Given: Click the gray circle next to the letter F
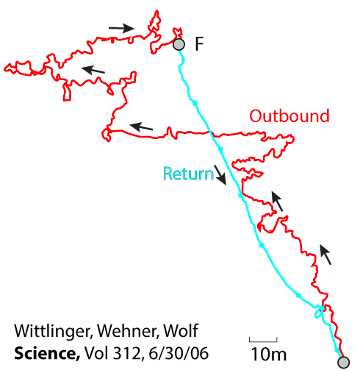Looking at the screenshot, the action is [179, 45].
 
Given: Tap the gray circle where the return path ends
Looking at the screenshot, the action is [343, 362].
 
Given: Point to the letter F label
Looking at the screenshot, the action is [199, 44].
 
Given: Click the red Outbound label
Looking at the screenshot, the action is [289, 116].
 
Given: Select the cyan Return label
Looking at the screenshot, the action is [188, 174].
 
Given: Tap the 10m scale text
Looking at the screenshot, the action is [269, 354].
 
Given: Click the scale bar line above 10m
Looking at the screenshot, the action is [263, 341].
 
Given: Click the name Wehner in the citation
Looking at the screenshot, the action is [129, 331].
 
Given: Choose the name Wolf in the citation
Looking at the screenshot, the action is [181, 330].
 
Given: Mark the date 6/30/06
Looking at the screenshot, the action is [179, 353].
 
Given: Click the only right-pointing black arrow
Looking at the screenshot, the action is [121, 28].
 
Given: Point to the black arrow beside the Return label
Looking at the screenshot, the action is [220, 175].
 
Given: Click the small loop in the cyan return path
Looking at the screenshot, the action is [319, 311].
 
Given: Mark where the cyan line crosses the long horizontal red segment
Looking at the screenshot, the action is [210, 133].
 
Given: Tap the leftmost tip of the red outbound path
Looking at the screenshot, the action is [4, 69].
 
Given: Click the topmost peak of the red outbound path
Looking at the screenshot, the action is [157, 10].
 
